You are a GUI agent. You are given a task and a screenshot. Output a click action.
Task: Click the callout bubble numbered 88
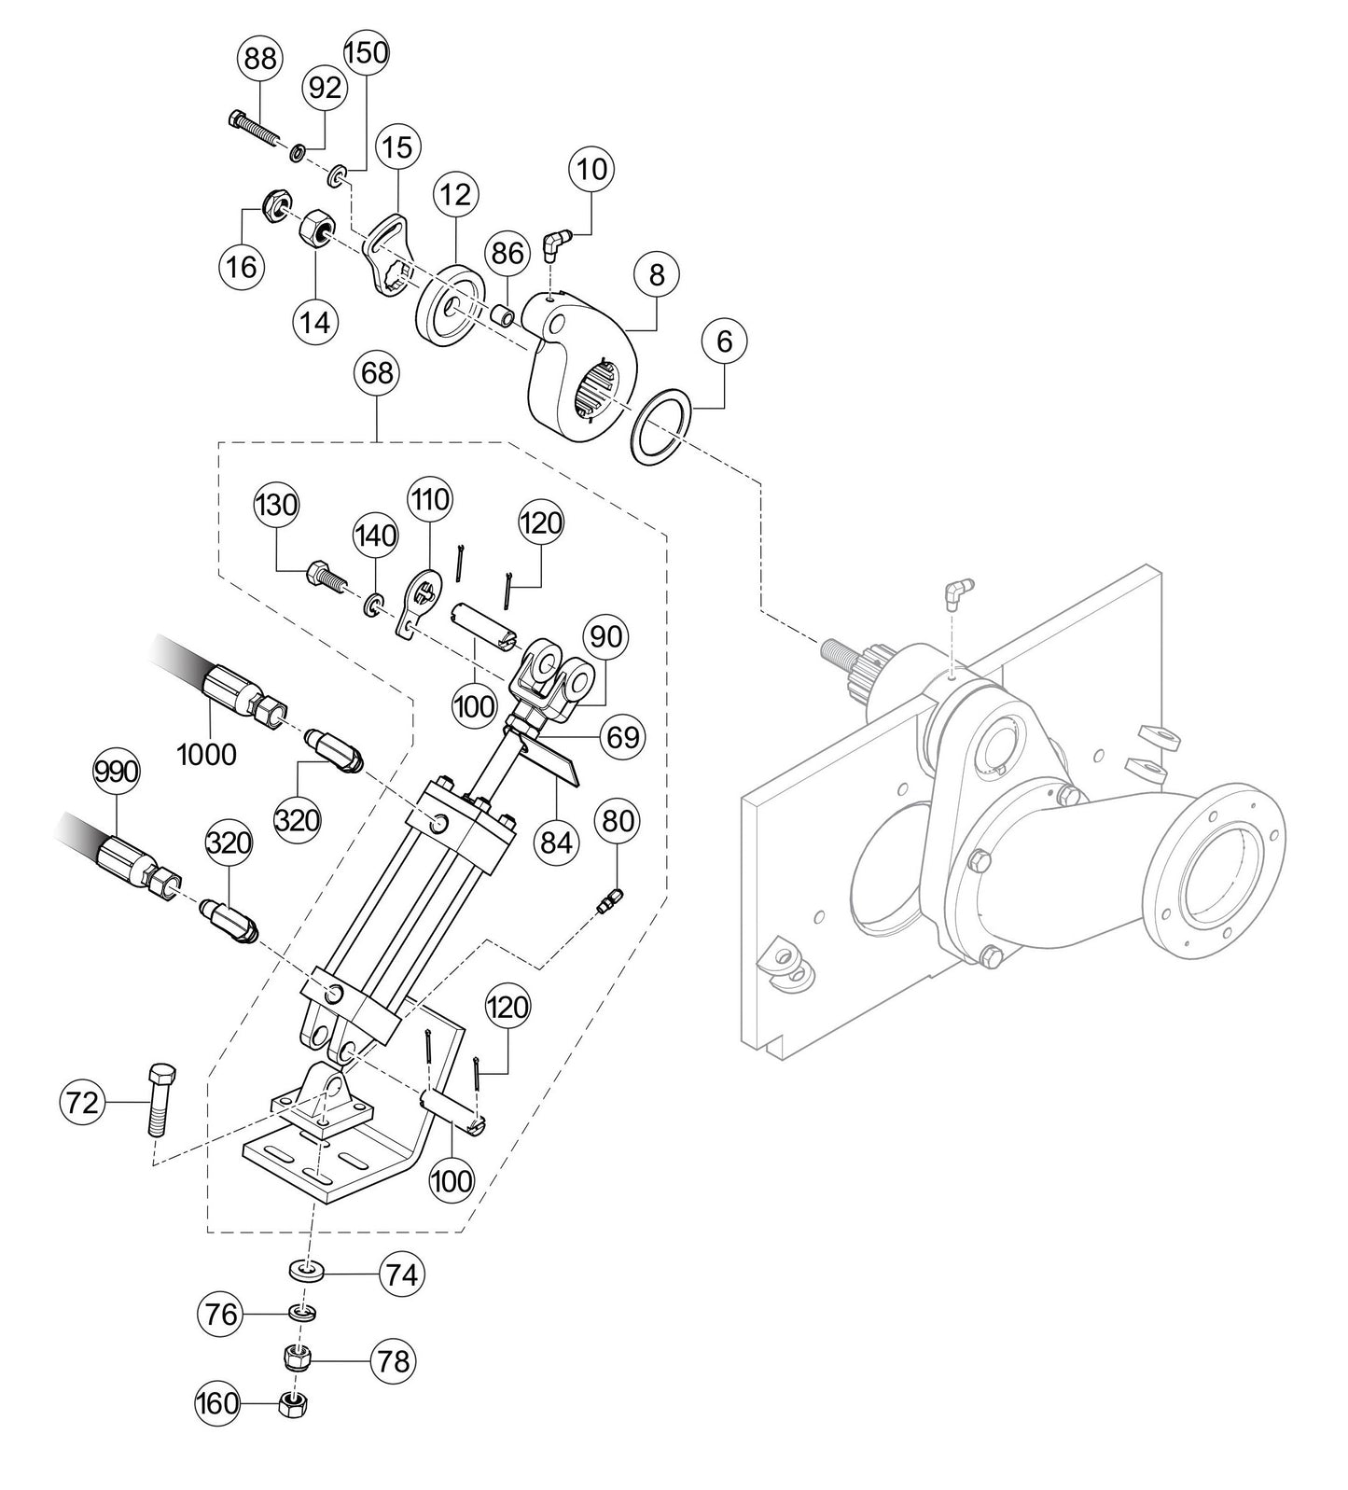pos(261,59)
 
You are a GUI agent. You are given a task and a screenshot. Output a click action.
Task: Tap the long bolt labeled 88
pos(254,130)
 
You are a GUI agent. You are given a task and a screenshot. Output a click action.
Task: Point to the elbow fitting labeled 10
pos(554,245)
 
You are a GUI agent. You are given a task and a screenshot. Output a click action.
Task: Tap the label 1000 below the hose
pos(206,753)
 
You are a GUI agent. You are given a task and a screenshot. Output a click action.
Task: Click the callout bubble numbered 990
pos(117,773)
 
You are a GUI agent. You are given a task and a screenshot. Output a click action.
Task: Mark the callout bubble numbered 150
pos(367,53)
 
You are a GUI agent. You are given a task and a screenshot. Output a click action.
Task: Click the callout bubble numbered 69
pos(622,737)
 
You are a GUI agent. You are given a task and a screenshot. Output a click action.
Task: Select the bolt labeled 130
pos(324,575)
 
